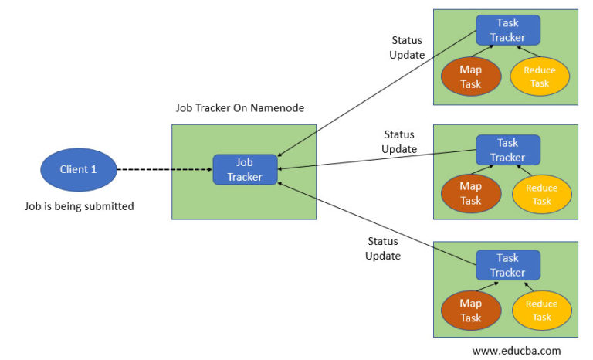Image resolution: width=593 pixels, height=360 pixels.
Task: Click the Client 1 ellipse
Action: [78, 169]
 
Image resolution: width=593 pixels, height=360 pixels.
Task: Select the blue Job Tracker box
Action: [245, 169]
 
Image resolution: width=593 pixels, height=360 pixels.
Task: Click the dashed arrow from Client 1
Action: [164, 169]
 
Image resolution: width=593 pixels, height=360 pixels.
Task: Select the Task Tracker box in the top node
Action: [507, 30]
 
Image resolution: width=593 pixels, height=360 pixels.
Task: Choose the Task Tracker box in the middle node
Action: [507, 150]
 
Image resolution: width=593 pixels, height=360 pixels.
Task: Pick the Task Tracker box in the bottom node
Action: [507, 265]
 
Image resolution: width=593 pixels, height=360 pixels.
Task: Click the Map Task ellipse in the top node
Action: [470, 76]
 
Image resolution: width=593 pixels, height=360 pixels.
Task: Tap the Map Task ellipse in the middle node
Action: [470, 193]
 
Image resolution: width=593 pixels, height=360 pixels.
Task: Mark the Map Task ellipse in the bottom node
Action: [470, 311]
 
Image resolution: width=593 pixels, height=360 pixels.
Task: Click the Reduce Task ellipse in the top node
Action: [540, 76]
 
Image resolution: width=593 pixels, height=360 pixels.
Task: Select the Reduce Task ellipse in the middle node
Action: [541, 195]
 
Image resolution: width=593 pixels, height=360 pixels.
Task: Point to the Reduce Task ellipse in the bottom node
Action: [541, 311]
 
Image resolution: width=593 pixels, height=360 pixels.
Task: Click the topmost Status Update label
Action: [408, 47]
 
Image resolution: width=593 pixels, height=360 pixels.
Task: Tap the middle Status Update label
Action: [399, 142]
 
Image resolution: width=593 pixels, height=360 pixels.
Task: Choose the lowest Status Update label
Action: [383, 248]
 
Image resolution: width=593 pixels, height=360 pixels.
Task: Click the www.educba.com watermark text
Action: [517, 350]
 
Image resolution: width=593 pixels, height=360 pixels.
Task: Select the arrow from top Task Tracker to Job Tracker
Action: [376, 93]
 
